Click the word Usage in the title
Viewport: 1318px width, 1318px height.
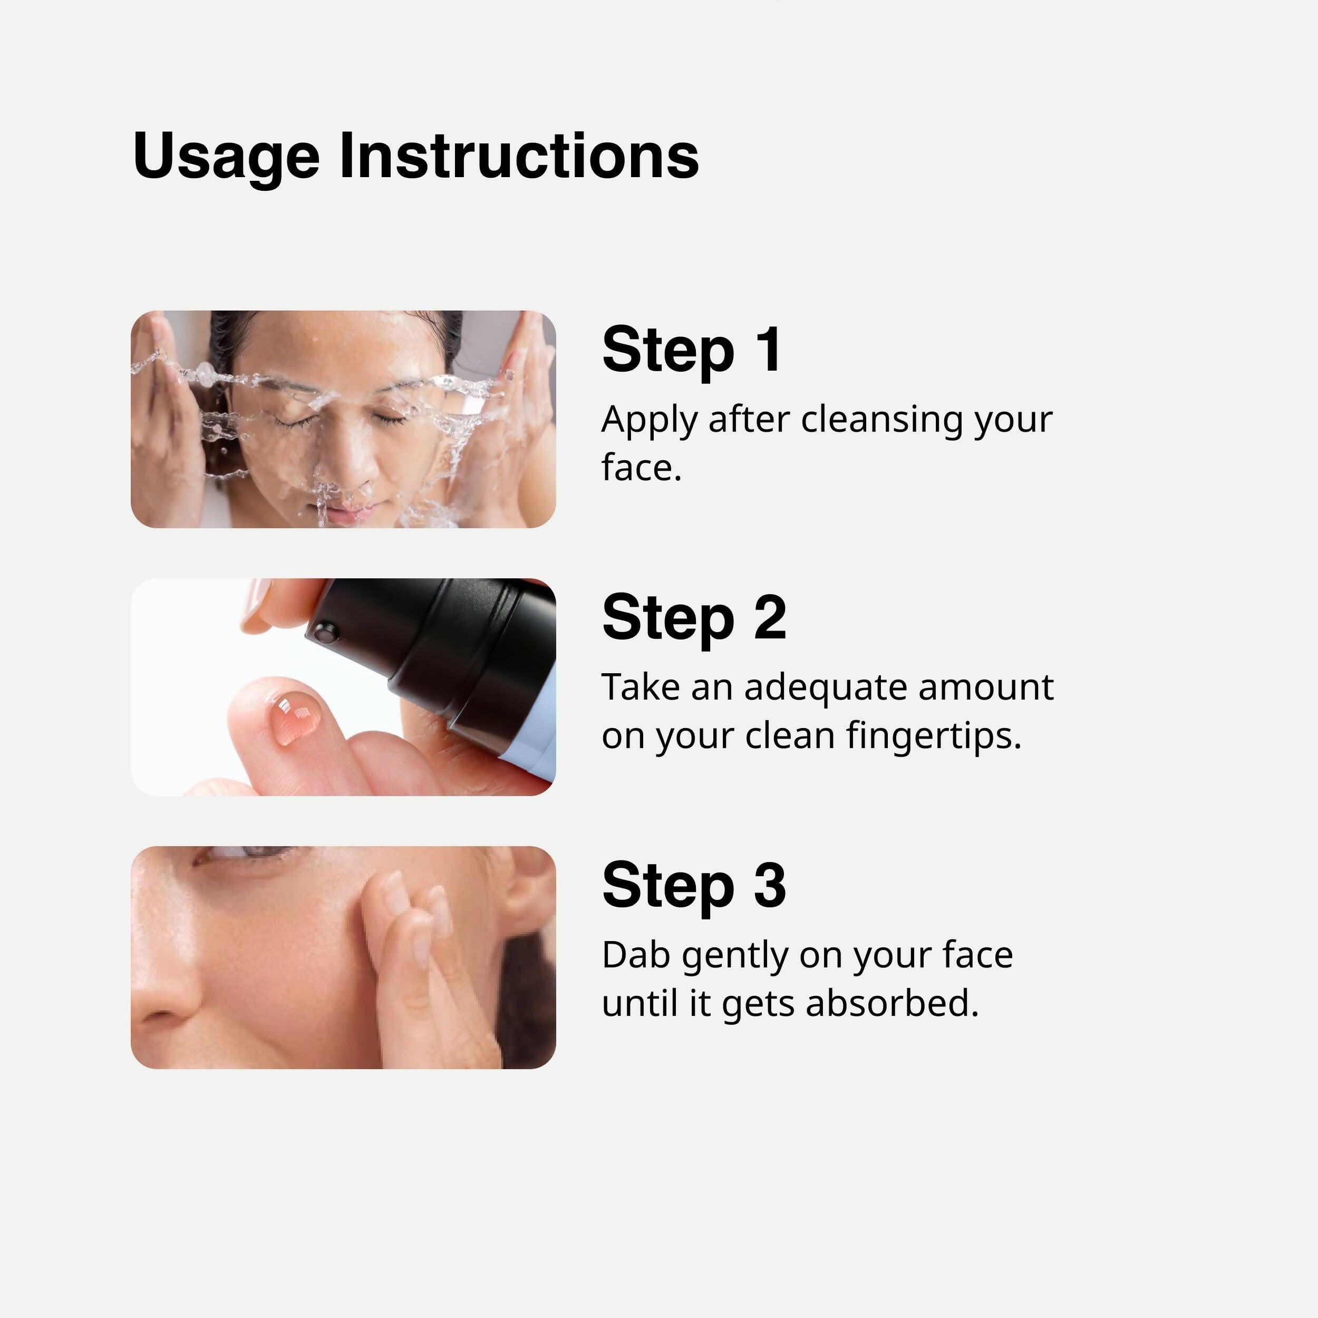point(226,157)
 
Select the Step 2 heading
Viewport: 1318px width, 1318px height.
point(694,618)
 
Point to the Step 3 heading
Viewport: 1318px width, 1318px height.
point(694,886)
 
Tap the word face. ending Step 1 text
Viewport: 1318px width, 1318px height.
point(641,468)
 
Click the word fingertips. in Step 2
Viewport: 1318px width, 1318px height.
point(933,736)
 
